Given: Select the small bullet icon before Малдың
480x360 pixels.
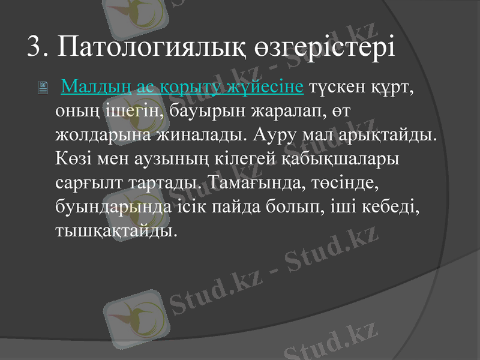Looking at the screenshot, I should (43, 89).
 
